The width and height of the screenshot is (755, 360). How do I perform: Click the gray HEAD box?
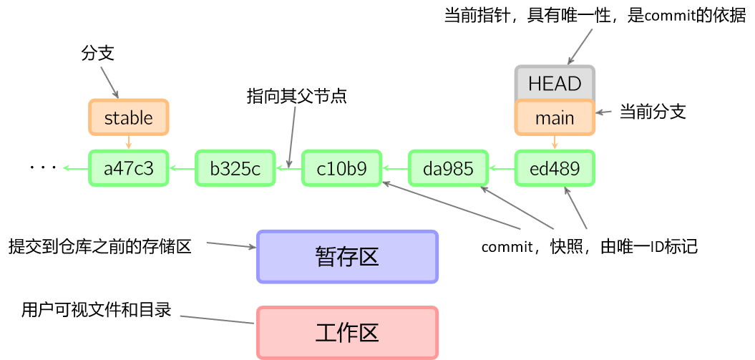[555, 83]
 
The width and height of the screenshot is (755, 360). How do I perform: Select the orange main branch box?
[555, 117]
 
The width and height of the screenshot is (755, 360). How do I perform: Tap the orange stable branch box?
[129, 117]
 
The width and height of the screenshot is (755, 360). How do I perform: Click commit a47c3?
[129, 168]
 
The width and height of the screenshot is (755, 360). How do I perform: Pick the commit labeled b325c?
[235, 168]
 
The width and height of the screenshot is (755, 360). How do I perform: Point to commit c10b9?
[341, 168]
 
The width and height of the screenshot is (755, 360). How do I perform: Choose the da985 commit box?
[448, 168]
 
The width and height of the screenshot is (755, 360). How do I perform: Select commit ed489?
[555, 168]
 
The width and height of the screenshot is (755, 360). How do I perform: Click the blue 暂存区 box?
[347, 256]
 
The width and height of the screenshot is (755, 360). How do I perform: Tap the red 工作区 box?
[347, 333]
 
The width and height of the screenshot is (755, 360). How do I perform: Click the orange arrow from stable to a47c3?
[129, 142]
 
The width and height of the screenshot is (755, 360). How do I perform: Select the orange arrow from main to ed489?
[555, 142]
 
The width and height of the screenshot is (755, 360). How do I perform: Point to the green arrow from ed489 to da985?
[501, 169]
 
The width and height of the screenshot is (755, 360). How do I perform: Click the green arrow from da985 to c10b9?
[395, 169]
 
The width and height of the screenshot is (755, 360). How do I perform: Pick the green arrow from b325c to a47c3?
[182, 169]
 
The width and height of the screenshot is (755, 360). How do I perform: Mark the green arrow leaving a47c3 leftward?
[76, 168]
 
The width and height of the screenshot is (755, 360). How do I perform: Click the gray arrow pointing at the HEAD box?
[580, 47]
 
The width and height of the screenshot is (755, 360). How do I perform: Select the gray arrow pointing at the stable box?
[109, 82]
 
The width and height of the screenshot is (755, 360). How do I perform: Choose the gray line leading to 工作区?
[217, 319]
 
